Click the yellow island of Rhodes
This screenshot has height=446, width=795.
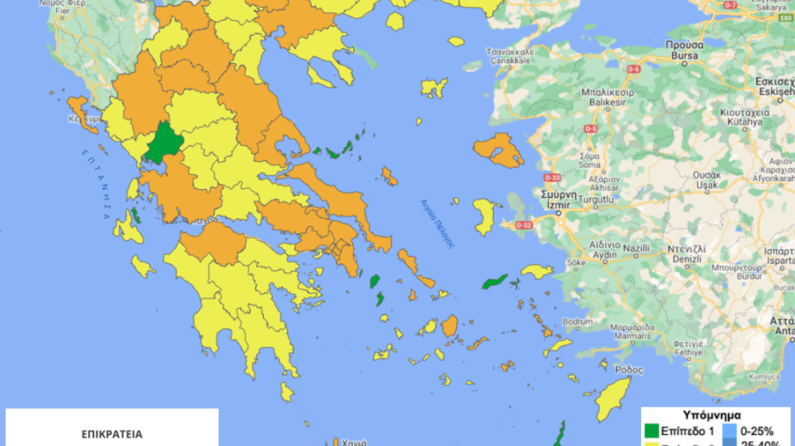coord(613,399)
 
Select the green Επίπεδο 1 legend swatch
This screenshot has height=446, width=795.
coord(652,430)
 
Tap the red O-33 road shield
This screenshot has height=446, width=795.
coord(553,177)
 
